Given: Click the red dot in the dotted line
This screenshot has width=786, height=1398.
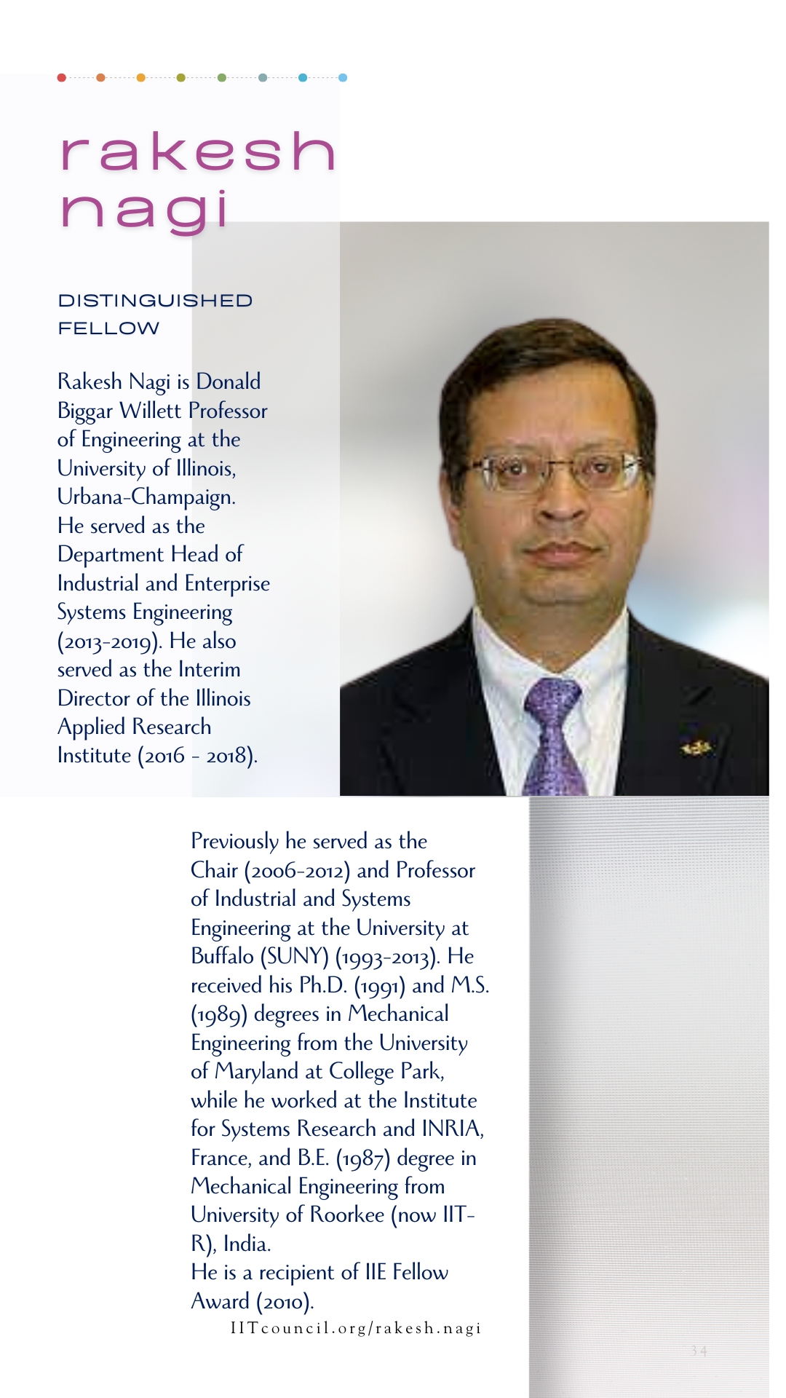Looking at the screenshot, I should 62,77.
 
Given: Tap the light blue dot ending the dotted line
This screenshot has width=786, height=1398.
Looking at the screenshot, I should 343,77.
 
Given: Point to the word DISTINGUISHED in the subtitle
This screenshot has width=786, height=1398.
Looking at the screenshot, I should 155,301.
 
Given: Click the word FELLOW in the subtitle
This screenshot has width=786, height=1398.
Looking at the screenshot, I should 108,328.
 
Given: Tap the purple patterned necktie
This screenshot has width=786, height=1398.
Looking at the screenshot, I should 553,735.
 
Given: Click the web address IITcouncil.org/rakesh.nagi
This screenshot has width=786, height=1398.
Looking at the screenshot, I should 356,1328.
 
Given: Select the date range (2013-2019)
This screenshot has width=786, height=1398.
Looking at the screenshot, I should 110,642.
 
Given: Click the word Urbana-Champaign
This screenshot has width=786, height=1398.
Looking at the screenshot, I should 146,497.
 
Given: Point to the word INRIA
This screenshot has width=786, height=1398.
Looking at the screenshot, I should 450,1129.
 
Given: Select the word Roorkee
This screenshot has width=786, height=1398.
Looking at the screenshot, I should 346,1215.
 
